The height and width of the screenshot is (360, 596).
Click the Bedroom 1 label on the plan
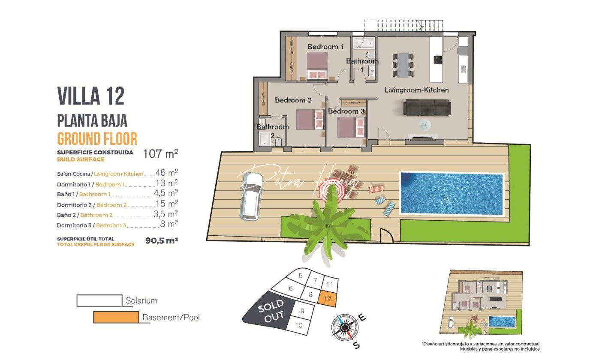click(x=326, y=47)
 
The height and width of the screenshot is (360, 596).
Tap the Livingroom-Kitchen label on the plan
click(x=417, y=90)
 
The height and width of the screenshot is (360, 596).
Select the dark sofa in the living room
click(x=427, y=108)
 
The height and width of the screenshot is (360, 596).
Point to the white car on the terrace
click(x=251, y=197)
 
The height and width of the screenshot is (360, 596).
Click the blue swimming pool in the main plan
click(x=452, y=193)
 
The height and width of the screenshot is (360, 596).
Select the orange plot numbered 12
click(x=328, y=299)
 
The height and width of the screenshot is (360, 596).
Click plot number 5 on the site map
click(x=301, y=276)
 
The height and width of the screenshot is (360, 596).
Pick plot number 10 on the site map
click(x=299, y=325)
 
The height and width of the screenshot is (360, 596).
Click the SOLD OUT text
click(x=271, y=311)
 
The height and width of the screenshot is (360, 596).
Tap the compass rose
click(x=345, y=327)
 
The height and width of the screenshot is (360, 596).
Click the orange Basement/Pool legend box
click(x=116, y=317)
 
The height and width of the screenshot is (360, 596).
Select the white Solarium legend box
click(x=99, y=300)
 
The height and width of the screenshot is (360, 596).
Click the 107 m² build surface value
click(x=160, y=154)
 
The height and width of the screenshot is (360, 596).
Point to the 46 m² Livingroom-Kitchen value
click(x=166, y=173)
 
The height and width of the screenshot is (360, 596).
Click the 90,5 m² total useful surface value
click(x=162, y=240)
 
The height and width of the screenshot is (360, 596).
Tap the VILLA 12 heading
click(x=91, y=96)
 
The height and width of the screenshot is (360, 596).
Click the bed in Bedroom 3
click(x=351, y=127)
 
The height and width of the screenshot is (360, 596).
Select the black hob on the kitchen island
click(x=438, y=60)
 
